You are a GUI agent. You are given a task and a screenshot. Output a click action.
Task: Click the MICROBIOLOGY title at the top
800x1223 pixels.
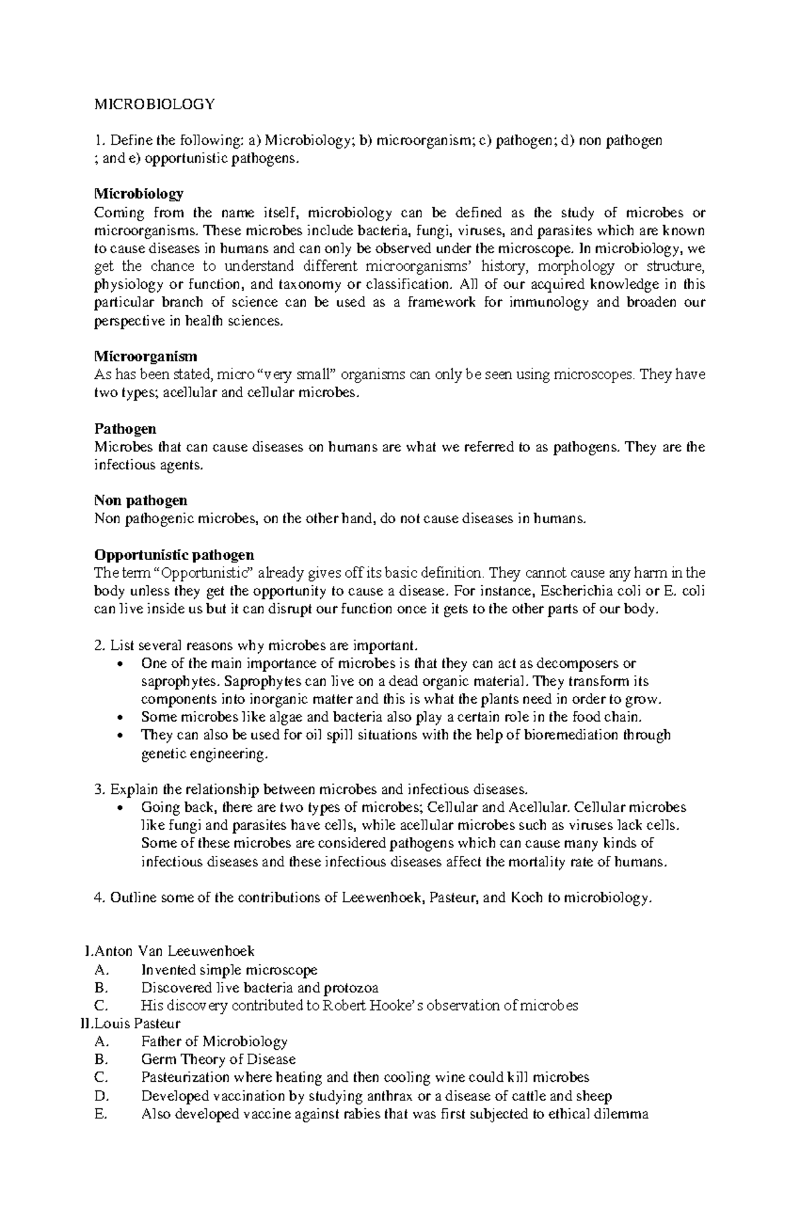click(x=155, y=104)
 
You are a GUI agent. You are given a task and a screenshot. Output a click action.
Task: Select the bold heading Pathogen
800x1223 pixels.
click(x=125, y=429)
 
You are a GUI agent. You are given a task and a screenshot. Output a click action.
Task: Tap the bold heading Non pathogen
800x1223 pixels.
click(x=141, y=500)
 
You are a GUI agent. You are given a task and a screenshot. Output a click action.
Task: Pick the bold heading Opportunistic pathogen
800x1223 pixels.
click(x=174, y=555)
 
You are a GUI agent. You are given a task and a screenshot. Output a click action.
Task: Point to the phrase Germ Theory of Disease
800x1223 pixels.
click(x=218, y=1059)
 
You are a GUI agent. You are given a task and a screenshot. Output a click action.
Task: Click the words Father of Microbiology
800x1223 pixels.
click(x=214, y=1041)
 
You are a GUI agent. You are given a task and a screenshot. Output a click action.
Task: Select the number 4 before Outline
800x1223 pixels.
click(x=99, y=897)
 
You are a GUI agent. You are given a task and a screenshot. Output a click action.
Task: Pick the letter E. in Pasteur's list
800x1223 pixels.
click(x=101, y=1114)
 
